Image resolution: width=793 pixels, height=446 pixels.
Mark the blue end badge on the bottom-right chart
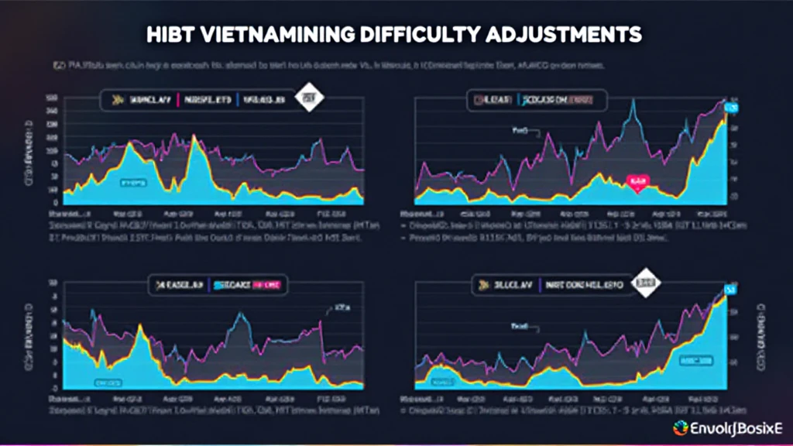(729, 290)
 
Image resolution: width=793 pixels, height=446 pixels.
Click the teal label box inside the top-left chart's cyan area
(133, 183)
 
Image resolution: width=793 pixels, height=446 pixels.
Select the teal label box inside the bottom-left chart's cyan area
(107, 383)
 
